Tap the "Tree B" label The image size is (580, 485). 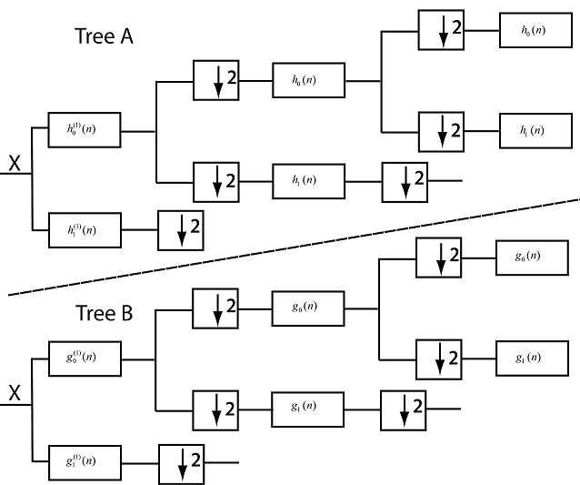105,314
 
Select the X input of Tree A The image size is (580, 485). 15,164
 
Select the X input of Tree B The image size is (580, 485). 15,393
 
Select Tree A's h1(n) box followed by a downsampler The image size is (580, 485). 308,180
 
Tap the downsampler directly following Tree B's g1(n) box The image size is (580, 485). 404,410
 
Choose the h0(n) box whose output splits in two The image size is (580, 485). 308,81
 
